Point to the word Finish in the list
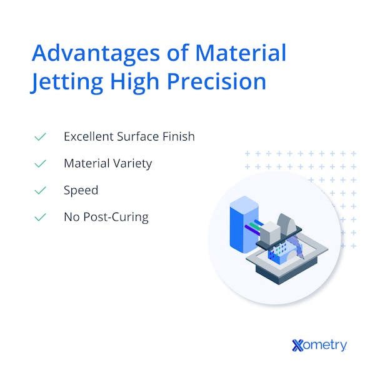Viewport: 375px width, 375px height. tap(178, 136)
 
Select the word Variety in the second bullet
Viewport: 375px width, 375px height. tap(132, 163)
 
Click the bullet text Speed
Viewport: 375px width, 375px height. tap(81, 190)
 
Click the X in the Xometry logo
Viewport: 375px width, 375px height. tap(298, 344)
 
